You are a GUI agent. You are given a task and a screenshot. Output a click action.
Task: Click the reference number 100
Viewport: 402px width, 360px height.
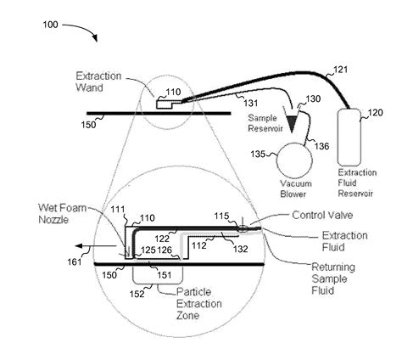click(x=50, y=25)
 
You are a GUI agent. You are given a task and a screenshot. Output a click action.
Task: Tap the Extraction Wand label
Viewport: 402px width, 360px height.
click(x=98, y=82)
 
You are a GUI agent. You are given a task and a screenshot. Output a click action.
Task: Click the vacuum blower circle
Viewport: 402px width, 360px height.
click(x=294, y=160)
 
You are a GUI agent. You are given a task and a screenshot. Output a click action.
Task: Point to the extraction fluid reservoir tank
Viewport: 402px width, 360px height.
click(x=349, y=138)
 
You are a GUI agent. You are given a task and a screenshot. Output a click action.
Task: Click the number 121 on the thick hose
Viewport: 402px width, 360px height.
click(x=340, y=70)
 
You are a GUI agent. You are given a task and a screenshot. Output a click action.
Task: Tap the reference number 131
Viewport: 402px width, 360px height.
click(x=251, y=103)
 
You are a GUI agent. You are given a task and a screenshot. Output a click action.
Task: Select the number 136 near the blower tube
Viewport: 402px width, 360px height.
click(x=322, y=146)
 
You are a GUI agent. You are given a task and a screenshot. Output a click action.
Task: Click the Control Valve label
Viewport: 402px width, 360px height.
click(x=322, y=215)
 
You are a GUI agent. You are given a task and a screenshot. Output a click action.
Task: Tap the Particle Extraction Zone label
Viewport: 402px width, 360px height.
click(x=199, y=304)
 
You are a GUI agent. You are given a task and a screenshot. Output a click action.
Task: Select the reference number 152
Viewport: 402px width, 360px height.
click(x=137, y=294)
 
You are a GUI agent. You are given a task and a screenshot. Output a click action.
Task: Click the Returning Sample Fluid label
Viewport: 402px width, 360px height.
click(x=333, y=278)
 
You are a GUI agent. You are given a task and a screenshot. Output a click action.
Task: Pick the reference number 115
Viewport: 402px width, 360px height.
click(x=221, y=217)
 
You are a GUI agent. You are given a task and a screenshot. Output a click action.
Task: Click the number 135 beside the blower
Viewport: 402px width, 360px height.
click(x=258, y=155)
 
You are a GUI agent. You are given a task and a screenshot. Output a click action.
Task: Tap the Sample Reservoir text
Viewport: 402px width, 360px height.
click(x=265, y=123)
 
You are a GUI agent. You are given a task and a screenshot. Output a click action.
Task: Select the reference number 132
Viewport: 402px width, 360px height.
click(x=240, y=249)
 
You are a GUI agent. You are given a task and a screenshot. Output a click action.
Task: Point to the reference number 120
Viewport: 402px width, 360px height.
click(x=376, y=113)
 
